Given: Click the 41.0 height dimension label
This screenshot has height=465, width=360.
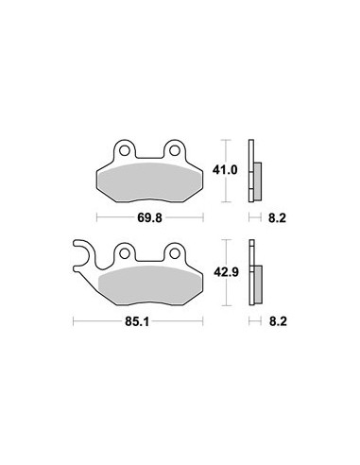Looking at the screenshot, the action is click(225, 170).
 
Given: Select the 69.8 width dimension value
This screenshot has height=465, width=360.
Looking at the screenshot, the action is click(149, 217).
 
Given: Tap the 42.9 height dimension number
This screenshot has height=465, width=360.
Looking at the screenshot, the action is click(226, 272).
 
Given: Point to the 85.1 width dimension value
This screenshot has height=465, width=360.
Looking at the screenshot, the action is click(137, 321).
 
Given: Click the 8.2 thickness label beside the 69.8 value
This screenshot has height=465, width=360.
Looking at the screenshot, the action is click(277, 218).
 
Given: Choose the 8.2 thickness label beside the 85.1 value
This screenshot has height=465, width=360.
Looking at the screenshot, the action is click(278, 321).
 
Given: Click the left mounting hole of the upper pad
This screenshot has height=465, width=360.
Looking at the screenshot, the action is click(125, 150).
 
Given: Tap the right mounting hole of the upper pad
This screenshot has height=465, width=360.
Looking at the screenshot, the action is click(175, 150).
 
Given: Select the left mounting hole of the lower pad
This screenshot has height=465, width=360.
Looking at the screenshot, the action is click(125, 253).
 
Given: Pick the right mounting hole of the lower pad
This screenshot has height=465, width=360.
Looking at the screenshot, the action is click(175, 253).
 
